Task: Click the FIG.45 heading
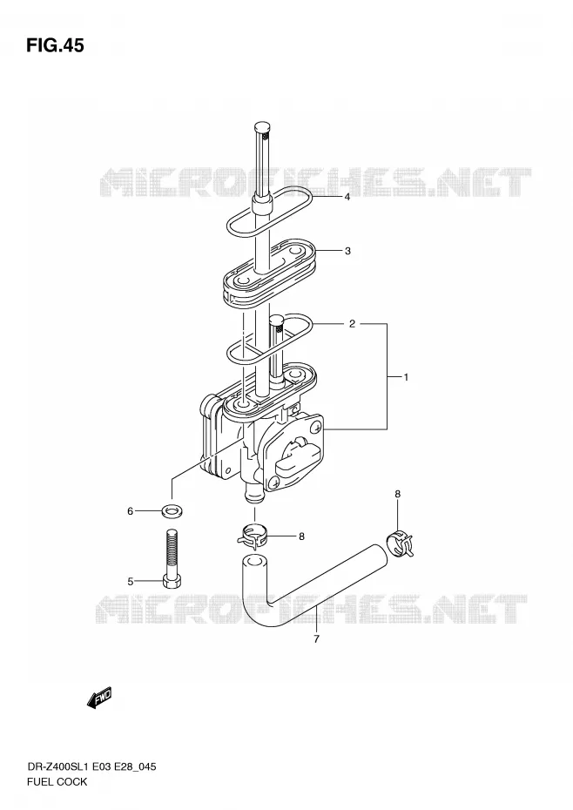click(x=55, y=46)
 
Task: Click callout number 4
click(x=347, y=197)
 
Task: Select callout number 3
click(x=347, y=251)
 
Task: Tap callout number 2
click(x=352, y=324)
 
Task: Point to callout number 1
click(x=406, y=377)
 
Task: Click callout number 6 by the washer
click(x=131, y=511)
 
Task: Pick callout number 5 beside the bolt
click(x=131, y=582)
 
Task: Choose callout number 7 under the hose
click(x=316, y=639)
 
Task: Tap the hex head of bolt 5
click(x=171, y=582)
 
